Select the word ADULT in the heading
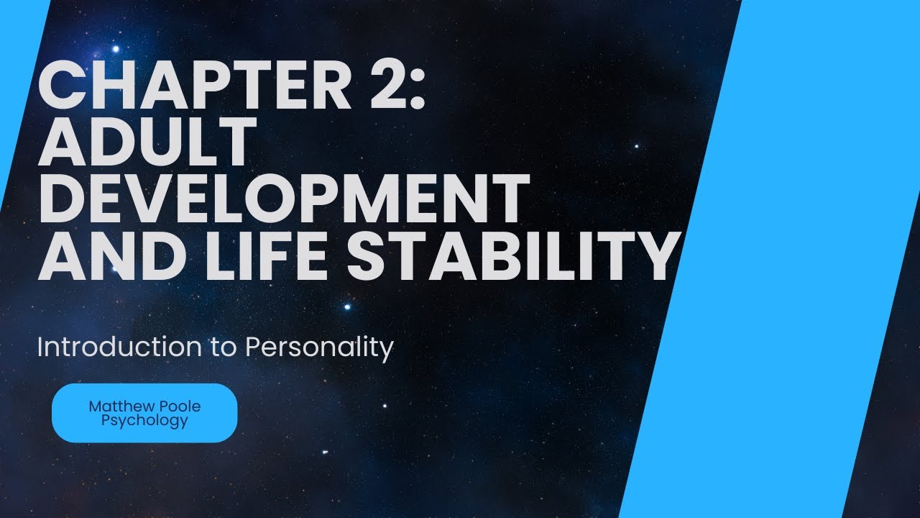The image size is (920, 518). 147,142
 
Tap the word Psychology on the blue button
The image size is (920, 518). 144,421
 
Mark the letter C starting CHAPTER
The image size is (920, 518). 62,86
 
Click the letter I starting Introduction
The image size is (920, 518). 40,347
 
